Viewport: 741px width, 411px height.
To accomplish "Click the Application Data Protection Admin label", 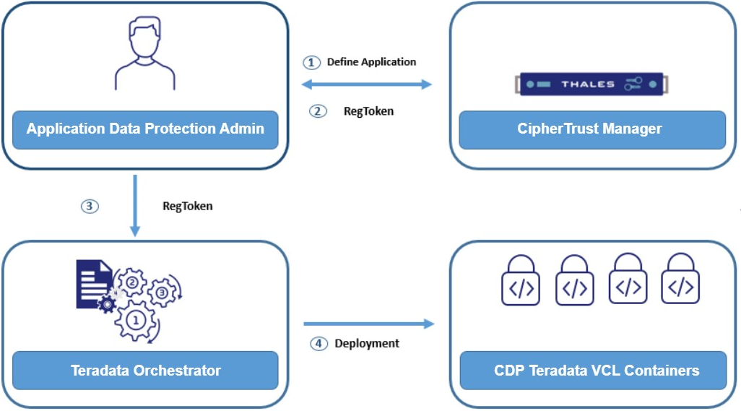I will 145,129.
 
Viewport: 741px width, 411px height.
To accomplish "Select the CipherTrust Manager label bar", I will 591,129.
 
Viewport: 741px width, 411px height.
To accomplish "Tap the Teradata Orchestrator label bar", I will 145,371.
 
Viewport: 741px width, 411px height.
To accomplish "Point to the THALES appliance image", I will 591,84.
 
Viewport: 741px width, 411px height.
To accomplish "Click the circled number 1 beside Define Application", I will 311,62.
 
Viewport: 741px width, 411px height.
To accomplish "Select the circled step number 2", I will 318,111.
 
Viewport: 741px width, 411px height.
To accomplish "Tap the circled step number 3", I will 89,206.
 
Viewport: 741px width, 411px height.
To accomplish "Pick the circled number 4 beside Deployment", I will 318,344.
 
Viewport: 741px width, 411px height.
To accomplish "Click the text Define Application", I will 371,62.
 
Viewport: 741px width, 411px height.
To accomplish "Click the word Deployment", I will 367,344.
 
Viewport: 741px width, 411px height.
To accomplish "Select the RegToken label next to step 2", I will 368,111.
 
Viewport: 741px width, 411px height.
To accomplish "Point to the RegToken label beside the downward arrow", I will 188,206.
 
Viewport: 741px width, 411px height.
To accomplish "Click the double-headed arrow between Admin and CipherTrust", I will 366,85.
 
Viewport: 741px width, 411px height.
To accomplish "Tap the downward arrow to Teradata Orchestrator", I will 135,206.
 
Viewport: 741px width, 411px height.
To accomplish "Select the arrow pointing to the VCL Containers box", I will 368,324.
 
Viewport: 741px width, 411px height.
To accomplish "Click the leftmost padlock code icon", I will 521,280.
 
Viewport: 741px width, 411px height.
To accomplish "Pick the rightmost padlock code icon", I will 680,279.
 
